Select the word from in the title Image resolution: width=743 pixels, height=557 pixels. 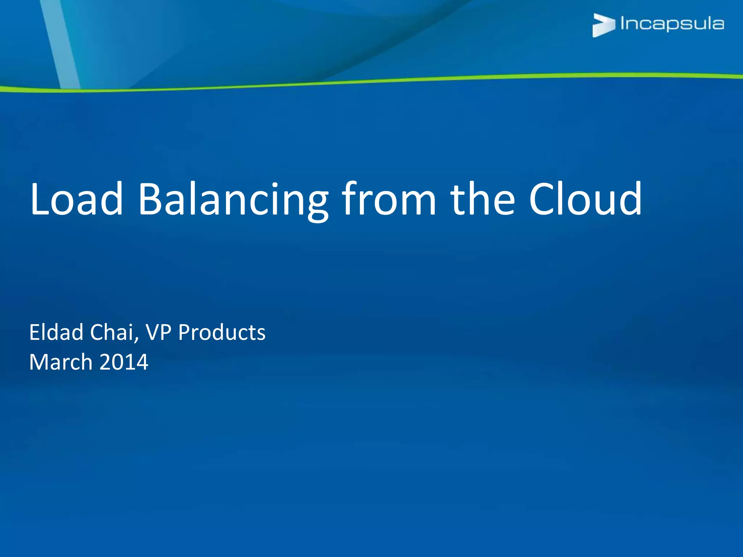[x=389, y=199]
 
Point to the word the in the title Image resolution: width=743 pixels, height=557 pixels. [x=483, y=199]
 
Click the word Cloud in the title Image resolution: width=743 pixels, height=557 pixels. [x=585, y=199]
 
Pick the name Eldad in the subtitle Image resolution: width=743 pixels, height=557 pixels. [x=56, y=332]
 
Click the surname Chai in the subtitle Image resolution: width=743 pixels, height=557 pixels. [x=112, y=332]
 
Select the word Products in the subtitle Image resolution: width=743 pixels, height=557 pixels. [x=222, y=332]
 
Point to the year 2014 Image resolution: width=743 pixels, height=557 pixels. [x=124, y=362]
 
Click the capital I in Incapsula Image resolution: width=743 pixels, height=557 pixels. [x=623, y=23]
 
